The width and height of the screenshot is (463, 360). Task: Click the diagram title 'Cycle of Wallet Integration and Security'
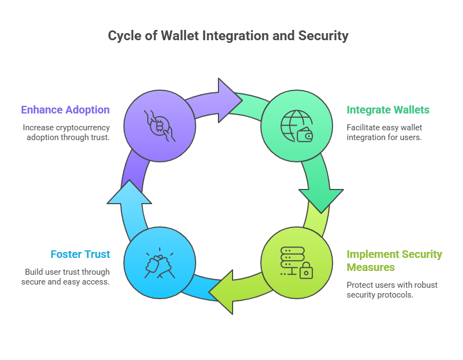pos(228,36)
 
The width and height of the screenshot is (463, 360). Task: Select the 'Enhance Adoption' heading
pos(65,110)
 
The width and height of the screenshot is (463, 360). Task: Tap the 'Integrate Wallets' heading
pos(388,110)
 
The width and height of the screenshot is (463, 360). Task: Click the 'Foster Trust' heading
pos(80,254)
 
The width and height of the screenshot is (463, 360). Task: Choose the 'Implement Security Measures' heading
pos(394,261)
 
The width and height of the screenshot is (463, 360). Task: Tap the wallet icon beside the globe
pos(305,134)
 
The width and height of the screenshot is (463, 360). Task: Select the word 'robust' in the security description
pos(426,285)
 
